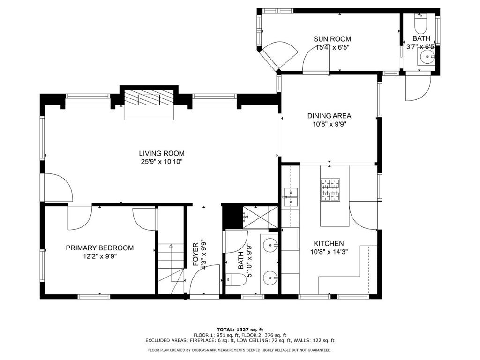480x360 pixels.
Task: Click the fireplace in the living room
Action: point(149,99)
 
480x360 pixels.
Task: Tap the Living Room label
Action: point(161,153)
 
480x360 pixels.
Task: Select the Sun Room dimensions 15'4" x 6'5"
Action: point(332,47)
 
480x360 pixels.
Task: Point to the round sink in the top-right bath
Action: point(427,57)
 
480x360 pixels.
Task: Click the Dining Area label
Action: point(329,116)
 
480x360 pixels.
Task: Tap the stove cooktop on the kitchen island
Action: point(330,190)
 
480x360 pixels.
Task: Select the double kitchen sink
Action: point(290,196)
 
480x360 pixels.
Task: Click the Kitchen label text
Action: point(329,244)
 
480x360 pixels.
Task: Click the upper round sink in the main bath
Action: point(270,245)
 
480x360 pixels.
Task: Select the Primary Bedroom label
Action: point(99,248)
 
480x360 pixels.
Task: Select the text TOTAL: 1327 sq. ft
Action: point(240,329)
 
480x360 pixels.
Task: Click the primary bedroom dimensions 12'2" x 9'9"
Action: point(99,256)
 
